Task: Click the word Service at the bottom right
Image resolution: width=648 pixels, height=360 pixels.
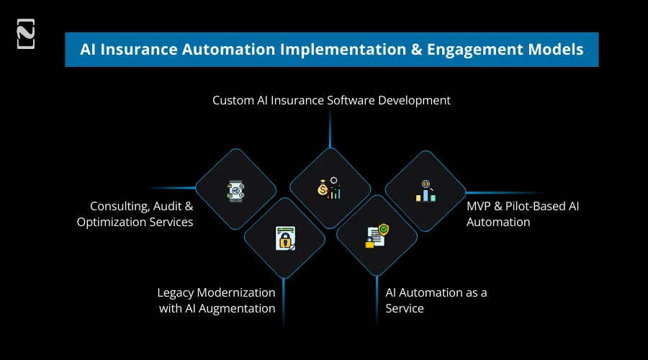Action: click(x=405, y=308)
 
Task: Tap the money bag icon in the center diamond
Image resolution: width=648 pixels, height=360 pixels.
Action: click(x=322, y=189)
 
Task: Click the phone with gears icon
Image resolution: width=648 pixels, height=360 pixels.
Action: click(x=235, y=191)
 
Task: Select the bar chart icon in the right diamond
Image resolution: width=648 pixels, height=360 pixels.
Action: click(x=426, y=191)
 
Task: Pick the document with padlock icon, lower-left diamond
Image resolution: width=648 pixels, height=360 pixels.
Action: click(x=285, y=238)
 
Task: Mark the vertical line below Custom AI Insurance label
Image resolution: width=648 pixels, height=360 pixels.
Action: click(x=330, y=130)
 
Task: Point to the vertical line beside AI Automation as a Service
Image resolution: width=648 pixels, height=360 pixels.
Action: click(x=377, y=295)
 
